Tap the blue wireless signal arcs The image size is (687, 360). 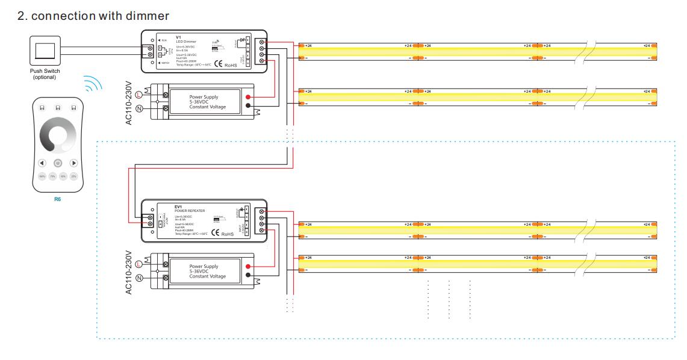[92, 85]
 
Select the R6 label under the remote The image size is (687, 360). [57, 198]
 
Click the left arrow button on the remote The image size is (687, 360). [42, 163]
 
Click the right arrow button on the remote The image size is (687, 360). [73, 163]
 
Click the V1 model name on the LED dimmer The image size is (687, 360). [179, 37]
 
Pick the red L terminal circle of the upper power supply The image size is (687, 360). [139, 95]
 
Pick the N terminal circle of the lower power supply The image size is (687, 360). [139, 278]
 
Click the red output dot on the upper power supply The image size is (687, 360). [248, 96]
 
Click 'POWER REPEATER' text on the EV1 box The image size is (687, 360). [189, 211]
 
